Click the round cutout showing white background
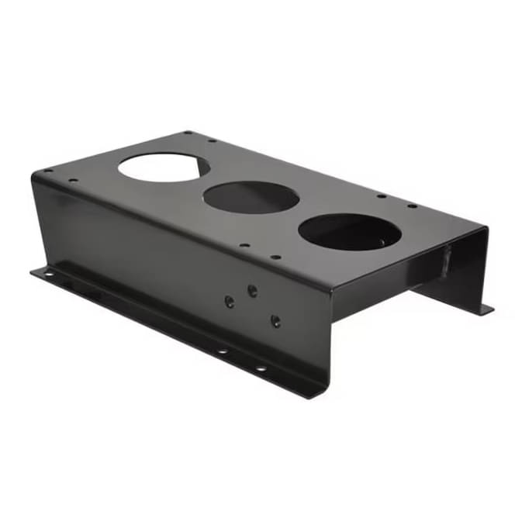pos(159,167)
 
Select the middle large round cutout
pos(251,198)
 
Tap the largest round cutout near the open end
pos(349,232)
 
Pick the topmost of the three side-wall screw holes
pos(252,290)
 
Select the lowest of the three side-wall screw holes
pos(275,320)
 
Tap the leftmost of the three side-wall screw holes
pos(230,302)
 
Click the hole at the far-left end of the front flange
pos(48,274)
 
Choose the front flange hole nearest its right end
pos(261,368)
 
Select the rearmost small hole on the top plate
pos(188,133)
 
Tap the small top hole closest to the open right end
pos(412,206)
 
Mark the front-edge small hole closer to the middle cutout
pos(244,246)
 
